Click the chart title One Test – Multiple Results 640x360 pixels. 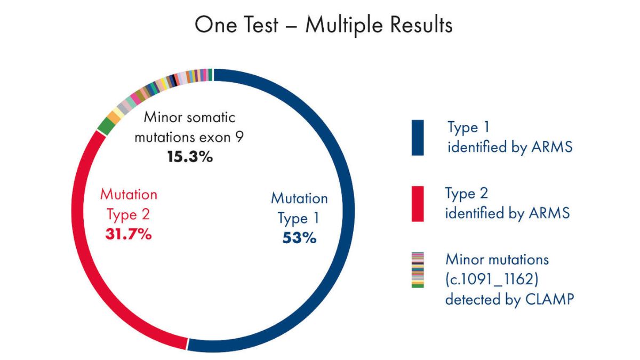point(323,25)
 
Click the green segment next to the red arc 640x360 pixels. point(106,126)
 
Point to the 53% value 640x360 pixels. point(299,237)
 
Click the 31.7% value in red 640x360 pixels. point(129,234)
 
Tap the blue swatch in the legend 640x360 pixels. point(418,138)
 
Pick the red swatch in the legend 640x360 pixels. point(418,204)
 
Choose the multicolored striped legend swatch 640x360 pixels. point(418,270)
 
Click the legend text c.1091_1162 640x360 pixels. point(491,279)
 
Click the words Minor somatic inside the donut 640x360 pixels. point(189,117)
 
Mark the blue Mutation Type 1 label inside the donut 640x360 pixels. point(299,208)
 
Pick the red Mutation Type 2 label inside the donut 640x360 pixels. point(129,204)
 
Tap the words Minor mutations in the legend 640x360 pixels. point(497,260)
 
